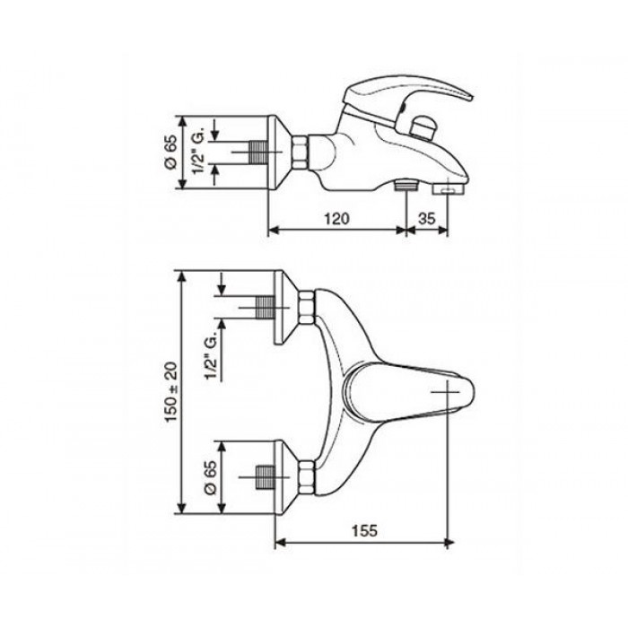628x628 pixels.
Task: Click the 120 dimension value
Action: (x=336, y=218)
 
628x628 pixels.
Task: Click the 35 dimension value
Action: (x=426, y=218)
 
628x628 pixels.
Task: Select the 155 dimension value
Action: (x=364, y=531)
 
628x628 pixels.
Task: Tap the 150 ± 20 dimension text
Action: (x=172, y=392)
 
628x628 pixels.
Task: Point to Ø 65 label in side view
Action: (x=171, y=153)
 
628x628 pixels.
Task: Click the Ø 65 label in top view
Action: (x=211, y=477)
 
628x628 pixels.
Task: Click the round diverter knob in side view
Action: (x=423, y=127)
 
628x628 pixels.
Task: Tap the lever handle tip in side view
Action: (x=472, y=97)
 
